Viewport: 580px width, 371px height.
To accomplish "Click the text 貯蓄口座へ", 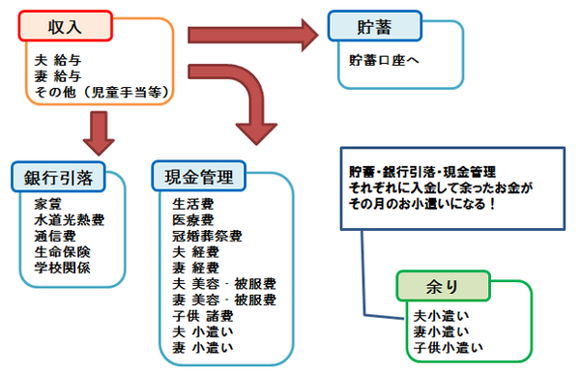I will click(386, 60).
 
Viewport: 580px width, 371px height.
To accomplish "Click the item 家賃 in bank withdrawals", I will click(47, 205).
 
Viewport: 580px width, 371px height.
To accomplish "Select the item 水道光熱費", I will click(69, 220).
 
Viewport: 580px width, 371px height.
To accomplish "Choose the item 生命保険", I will click(62, 251).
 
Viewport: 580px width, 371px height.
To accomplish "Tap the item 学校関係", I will click(62, 267).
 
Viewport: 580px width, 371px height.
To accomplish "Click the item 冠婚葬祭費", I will click(207, 235).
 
